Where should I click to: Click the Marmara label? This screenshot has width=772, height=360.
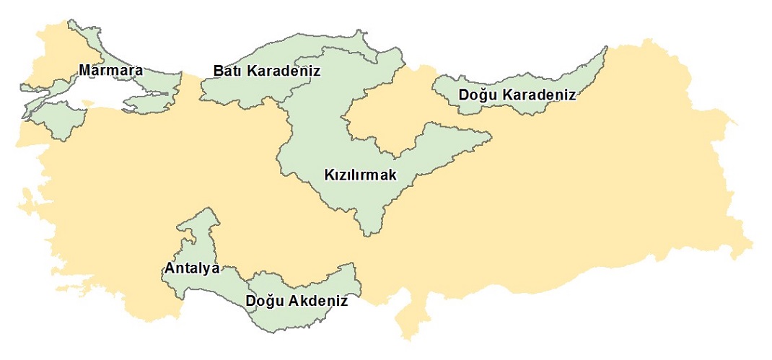pyautogui.click(x=111, y=71)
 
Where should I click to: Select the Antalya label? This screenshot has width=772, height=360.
pyautogui.click(x=191, y=268)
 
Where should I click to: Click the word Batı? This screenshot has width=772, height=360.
pyautogui.click(x=227, y=71)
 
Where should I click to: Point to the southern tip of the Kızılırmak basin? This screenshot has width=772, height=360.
pyautogui.click(x=370, y=233)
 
